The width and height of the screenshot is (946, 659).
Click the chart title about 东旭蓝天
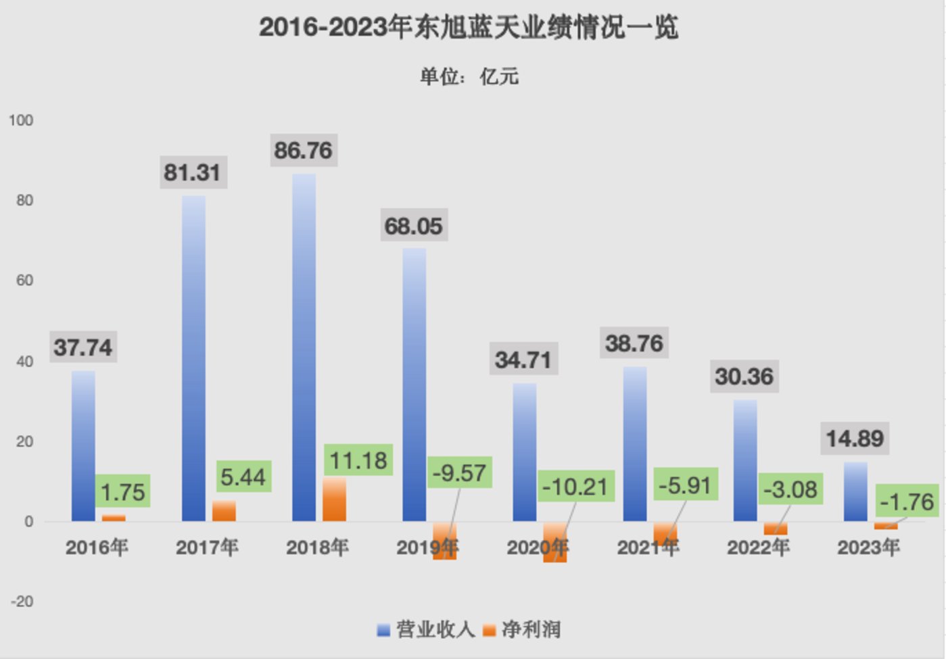pyautogui.click(x=469, y=28)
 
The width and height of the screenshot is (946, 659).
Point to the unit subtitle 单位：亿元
pyautogui.click(x=469, y=76)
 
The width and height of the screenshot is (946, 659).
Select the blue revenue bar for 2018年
pyautogui.click(x=304, y=347)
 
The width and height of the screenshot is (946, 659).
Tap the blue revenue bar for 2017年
pyautogui.click(x=193, y=358)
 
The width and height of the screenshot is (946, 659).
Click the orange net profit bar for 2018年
pyautogui.click(x=334, y=499)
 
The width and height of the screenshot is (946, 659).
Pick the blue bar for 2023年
pyautogui.click(x=855, y=491)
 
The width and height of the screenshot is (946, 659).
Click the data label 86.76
pyautogui.click(x=303, y=150)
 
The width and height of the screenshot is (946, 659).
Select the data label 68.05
pyautogui.click(x=413, y=226)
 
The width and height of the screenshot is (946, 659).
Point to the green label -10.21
pyautogui.click(x=575, y=487)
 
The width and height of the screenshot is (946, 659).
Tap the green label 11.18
pyautogui.click(x=358, y=461)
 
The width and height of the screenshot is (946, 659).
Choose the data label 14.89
pyautogui.click(x=855, y=439)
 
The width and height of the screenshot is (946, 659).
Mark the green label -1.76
pyautogui.click(x=907, y=502)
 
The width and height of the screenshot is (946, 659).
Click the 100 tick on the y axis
pyautogui.click(x=21, y=120)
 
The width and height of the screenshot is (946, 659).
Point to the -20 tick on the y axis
pyautogui.click(x=22, y=602)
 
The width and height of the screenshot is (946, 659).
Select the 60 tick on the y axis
pyautogui.click(x=24, y=280)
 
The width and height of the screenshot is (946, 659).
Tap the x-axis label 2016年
pyautogui.click(x=97, y=547)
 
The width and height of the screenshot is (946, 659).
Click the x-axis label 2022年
pyautogui.click(x=758, y=547)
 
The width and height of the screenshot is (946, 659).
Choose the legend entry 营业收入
pyautogui.click(x=427, y=630)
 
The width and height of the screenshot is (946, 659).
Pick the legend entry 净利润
pyautogui.click(x=523, y=630)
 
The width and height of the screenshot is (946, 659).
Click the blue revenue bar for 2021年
pyautogui.click(x=634, y=444)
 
